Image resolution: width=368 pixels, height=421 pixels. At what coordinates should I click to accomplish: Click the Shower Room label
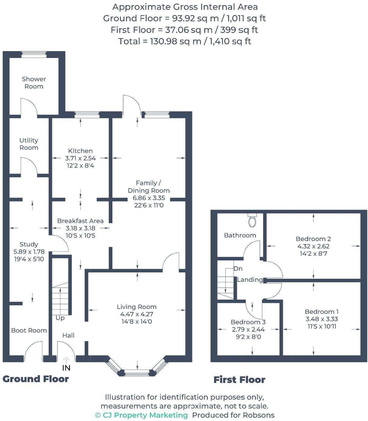pyautogui.click(x=34, y=83)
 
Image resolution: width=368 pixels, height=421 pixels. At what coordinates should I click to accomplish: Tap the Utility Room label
pyautogui.click(x=29, y=144)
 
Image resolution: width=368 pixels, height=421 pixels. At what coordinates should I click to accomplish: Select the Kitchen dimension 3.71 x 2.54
pyautogui.click(x=80, y=158)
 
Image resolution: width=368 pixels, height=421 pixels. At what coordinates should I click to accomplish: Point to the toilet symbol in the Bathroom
pyautogui.click(x=252, y=220)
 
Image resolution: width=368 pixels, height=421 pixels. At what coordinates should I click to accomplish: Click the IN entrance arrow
pyautogui.click(x=66, y=360)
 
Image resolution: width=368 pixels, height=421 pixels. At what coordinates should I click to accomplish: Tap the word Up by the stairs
pyautogui.click(x=60, y=318)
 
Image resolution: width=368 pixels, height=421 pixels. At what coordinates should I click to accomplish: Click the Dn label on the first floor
pyautogui.click(x=238, y=268)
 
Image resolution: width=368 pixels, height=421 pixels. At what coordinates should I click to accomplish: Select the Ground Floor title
pyautogui.click(x=36, y=379)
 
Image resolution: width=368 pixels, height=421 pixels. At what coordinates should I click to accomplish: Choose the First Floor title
pyautogui.click(x=239, y=380)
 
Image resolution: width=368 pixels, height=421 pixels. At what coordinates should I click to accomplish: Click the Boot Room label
pyautogui.click(x=29, y=330)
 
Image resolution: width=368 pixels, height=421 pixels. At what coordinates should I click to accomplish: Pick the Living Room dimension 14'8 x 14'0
pyautogui.click(x=137, y=322)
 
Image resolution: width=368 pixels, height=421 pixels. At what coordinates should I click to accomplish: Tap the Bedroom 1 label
pyautogui.click(x=321, y=312)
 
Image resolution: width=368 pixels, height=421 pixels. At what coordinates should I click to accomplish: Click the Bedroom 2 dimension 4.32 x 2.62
pyautogui.click(x=313, y=246)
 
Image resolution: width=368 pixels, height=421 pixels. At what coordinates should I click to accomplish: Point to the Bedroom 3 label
pyautogui.click(x=248, y=322)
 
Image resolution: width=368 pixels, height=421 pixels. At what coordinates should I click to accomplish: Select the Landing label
pyautogui.click(x=250, y=280)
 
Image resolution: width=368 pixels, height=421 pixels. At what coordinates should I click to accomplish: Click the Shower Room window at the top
pyautogui.click(x=34, y=54)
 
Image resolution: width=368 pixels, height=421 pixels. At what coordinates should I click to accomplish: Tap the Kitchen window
pyautogui.click(x=87, y=114)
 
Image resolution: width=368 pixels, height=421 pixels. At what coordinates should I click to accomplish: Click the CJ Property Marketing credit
pyautogui.click(x=141, y=415)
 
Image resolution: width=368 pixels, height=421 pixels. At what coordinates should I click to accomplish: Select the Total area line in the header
pyautogui.click(x=184, y=41)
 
